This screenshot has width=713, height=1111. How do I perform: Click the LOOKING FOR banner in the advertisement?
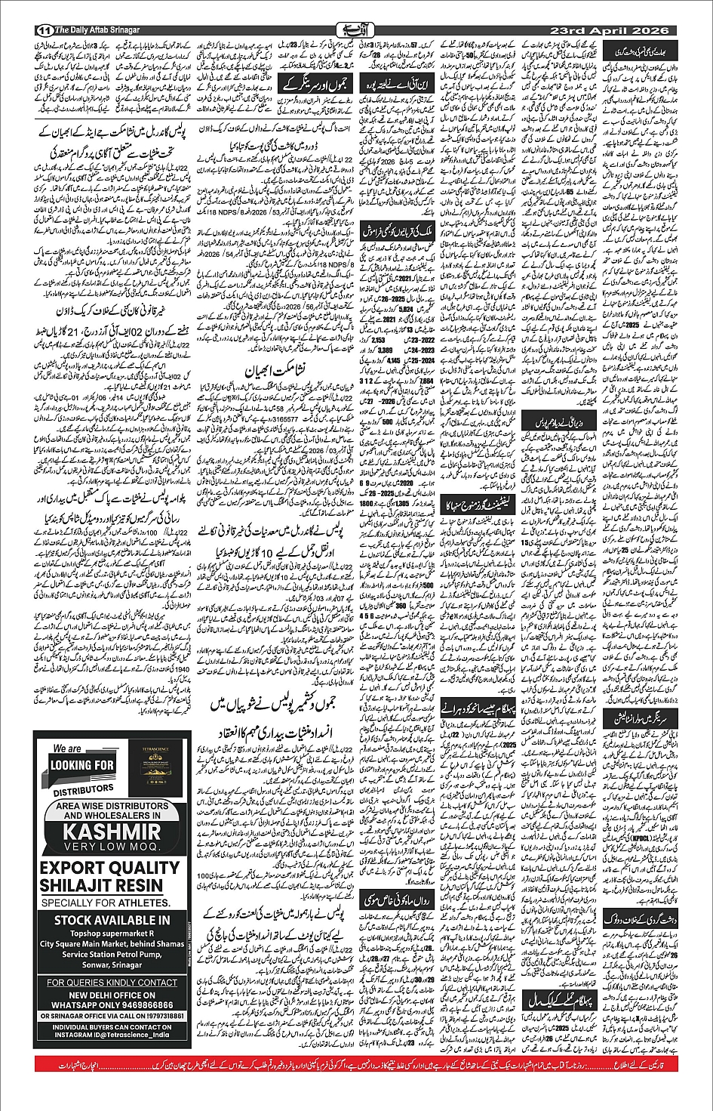[x=81, y=766]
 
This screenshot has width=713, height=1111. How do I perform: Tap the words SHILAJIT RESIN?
[x=101, y=886]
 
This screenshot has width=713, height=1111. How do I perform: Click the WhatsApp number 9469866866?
[x=141, y=1005]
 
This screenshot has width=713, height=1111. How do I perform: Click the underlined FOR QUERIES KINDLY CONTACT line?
[x=112, y=983]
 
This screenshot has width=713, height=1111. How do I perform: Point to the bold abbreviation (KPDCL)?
[x=635, y=837]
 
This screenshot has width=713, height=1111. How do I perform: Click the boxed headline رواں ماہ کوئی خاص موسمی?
[x=398, y=901]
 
